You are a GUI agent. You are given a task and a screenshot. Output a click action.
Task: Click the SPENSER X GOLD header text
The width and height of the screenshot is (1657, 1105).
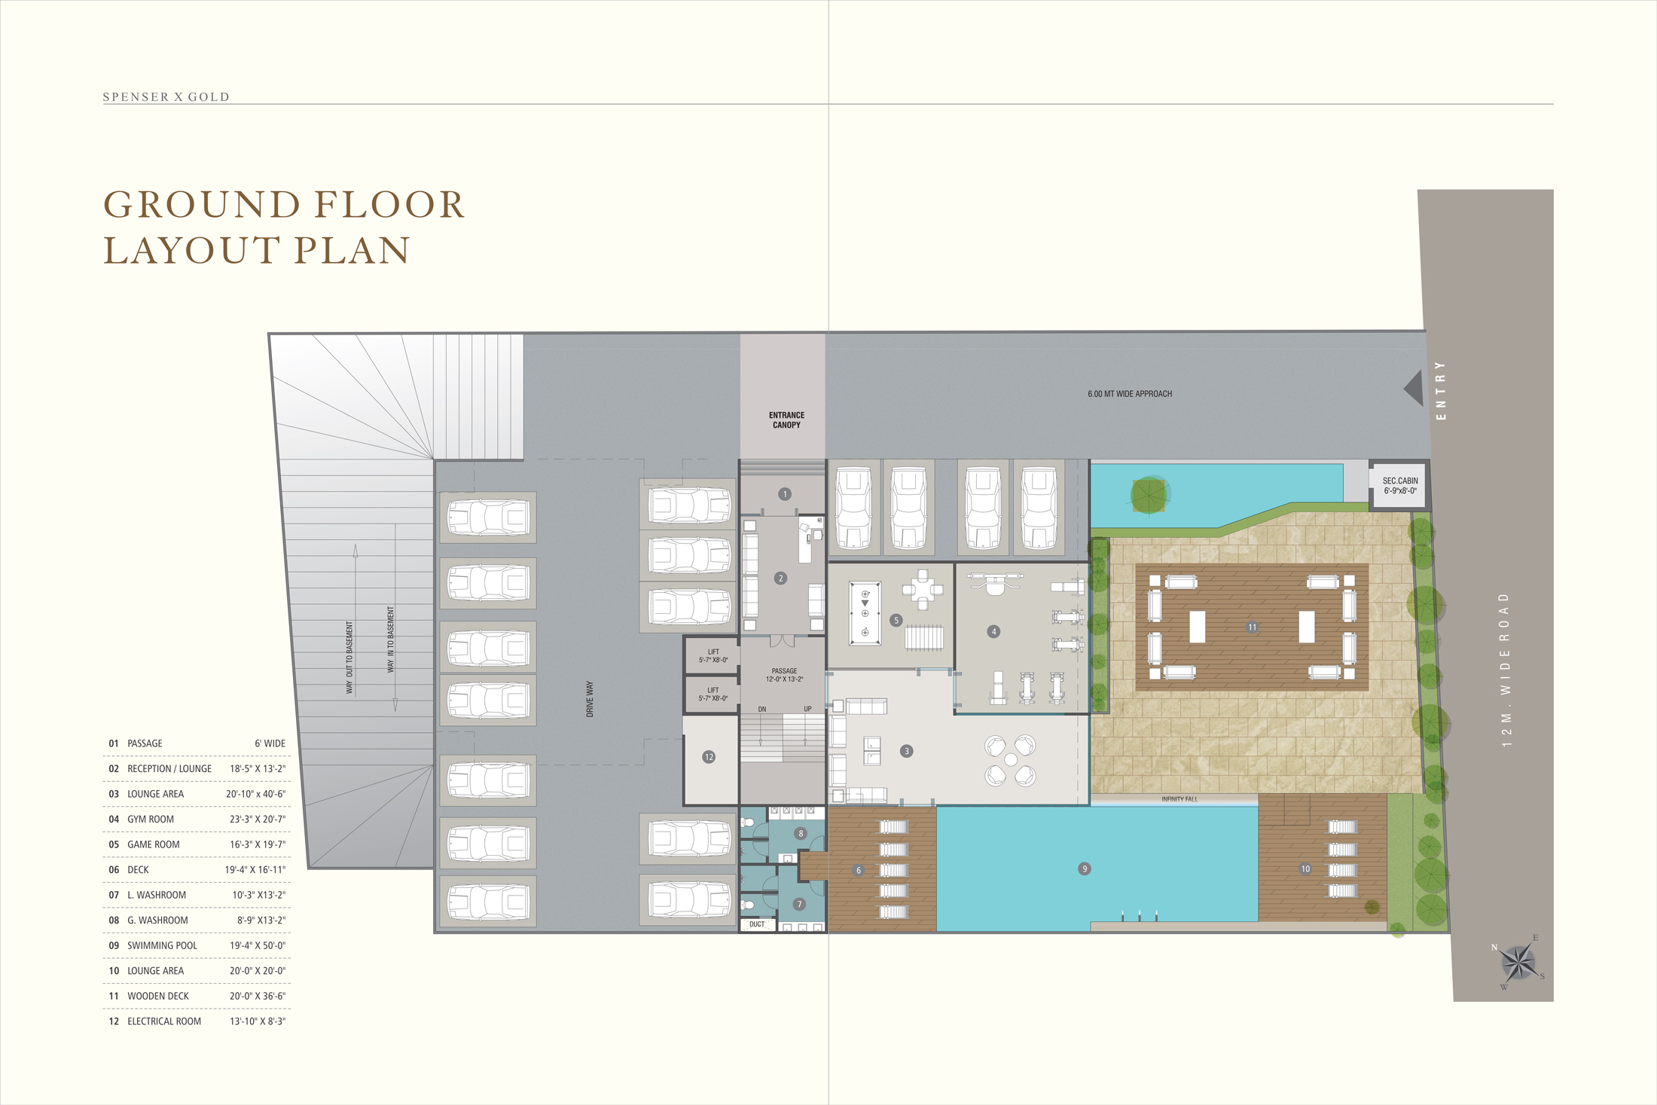click(166, 97)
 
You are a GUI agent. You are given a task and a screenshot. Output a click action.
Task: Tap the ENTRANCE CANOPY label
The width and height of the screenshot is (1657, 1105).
click(786, 420)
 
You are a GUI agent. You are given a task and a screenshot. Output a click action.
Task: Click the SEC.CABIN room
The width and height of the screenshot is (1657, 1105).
click(1399, 486)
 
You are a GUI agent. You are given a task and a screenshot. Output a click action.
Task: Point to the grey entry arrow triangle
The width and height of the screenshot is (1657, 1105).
click(1414, 388)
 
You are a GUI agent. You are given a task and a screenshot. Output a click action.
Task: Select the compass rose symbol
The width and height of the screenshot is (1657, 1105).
click(1518, 963)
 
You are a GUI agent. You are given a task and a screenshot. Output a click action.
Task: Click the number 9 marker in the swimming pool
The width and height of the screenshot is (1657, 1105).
click(1085, 868)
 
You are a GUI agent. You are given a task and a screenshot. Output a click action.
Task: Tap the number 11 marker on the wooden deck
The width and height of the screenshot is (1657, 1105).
click(1252, 627)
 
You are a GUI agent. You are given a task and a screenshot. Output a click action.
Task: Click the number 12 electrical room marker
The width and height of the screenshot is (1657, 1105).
click(709, 757)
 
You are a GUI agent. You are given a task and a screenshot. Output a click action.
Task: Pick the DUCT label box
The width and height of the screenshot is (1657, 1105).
click(757, 924)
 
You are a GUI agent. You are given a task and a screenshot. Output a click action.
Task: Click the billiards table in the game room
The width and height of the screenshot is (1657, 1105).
click(865, 613)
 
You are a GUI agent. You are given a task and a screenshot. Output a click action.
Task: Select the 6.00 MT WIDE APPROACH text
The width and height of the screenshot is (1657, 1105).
click(1130, 394)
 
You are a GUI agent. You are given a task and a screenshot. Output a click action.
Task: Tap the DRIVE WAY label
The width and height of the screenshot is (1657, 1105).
click(590, 699)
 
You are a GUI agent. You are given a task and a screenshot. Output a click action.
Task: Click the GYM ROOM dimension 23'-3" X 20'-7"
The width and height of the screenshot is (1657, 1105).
click(258, 820)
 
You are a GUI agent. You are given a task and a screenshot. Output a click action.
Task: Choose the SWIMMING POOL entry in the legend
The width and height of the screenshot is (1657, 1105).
click(162, 945)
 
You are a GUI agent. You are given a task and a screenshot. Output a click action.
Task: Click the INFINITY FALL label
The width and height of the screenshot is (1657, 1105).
click(1179, 799)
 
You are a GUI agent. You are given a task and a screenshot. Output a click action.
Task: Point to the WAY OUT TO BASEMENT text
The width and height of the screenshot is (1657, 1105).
click(349, 658)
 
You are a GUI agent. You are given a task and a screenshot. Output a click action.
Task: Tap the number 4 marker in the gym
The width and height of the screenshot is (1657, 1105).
click(993, 631)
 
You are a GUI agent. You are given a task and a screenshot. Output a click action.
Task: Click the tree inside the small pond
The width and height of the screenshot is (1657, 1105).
click(1149, 495)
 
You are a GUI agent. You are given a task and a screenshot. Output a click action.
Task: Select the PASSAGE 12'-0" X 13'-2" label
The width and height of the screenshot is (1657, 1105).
click(784, 675)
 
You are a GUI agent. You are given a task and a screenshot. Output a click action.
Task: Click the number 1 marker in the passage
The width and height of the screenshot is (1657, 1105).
click(785, 494)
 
